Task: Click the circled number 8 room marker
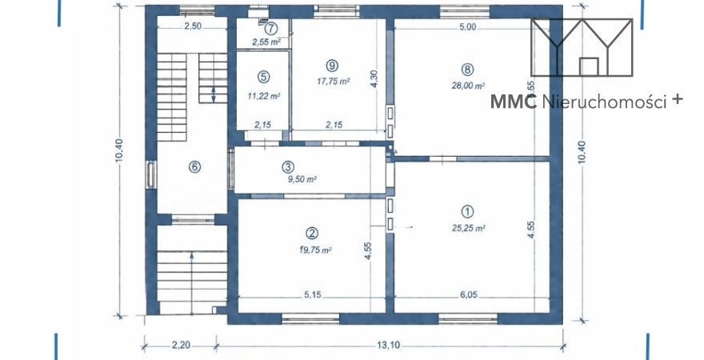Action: click(467, 70)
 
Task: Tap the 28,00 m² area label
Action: click(468, 86)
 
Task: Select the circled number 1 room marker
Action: click(467, 211)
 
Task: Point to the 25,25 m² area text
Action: click(468, 228)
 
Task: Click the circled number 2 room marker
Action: click(312, 233)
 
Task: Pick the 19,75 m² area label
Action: click(315, 250)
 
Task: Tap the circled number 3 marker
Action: click(288, 167)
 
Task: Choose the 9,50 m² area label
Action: click(305, 179)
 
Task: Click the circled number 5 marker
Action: click(263, 77)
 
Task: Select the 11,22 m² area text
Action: click(264, 96)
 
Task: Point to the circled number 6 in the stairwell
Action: click(194, 167)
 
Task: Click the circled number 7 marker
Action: click(270, 29)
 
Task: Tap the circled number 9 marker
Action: click(332, 66)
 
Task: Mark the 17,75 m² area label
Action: click(334, 82)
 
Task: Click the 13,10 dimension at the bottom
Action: click(389, 345)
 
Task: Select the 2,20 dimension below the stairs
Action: click(181, 345)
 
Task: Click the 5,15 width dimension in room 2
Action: click(314, 295)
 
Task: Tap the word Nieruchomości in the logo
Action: click(604, 102)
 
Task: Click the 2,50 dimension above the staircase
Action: click(193, 26)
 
